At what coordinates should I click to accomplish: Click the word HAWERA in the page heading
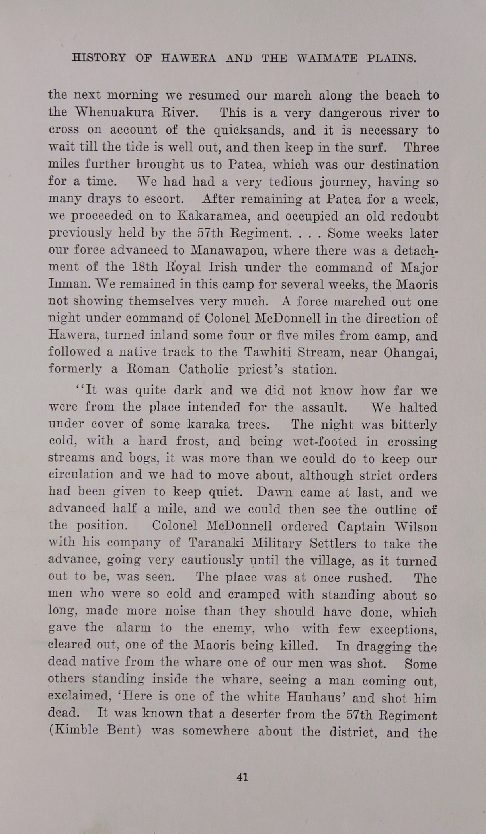pos(188,59)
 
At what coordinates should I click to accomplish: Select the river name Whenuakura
pos(115,113)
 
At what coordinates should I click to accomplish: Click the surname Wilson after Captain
pos(416,527)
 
